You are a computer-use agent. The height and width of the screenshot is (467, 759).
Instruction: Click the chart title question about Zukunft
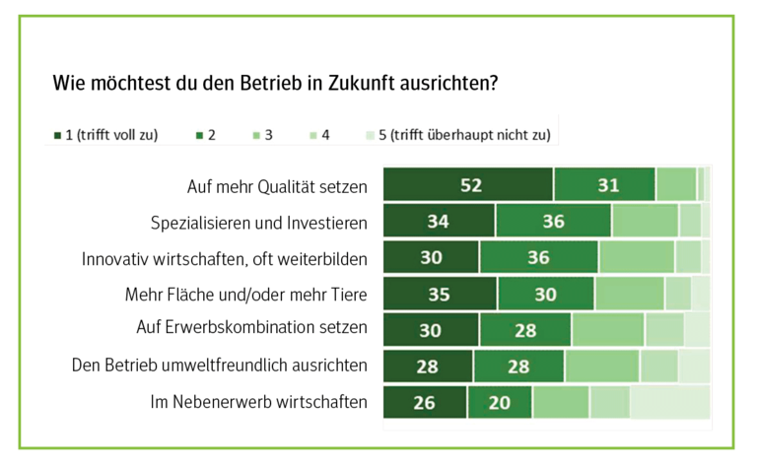point(275,83)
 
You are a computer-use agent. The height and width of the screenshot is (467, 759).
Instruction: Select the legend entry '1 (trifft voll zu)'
point(104,135)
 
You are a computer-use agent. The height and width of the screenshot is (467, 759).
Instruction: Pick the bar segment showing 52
point(468,185)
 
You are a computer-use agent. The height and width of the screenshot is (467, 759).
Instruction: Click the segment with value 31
point(605,185)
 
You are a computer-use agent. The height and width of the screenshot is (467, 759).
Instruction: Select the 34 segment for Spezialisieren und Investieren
point(439,222)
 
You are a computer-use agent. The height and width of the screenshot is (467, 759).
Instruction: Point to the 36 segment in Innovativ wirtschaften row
point(539,258)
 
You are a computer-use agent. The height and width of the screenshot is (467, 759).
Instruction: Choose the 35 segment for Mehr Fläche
point(440,294)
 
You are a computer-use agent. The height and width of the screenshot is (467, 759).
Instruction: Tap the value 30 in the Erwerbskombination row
point(431,329)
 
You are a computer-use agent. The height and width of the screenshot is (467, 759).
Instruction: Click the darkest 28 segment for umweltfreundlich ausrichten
point(428,366)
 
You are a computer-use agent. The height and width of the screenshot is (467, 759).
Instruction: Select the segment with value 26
point(425,402)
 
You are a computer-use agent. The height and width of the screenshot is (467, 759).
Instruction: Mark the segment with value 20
point(500,402)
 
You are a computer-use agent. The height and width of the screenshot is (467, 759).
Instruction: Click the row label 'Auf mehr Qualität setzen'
point(277,186)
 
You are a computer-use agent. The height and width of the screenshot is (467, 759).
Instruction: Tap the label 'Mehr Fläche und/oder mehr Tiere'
point(246,294)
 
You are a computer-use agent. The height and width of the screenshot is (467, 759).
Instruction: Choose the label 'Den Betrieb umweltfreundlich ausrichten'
point(220,366)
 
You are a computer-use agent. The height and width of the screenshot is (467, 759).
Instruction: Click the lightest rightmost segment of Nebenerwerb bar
point(669,402)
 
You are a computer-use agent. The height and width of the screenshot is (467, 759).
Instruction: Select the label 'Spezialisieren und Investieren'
point(259,223)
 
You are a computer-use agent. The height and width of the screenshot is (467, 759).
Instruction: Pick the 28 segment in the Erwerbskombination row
point(525,329)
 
